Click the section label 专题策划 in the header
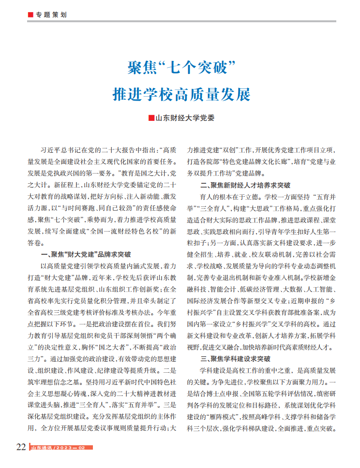[51, 15]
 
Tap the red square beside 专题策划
[30, 15]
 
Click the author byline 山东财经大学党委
[184, 117]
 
